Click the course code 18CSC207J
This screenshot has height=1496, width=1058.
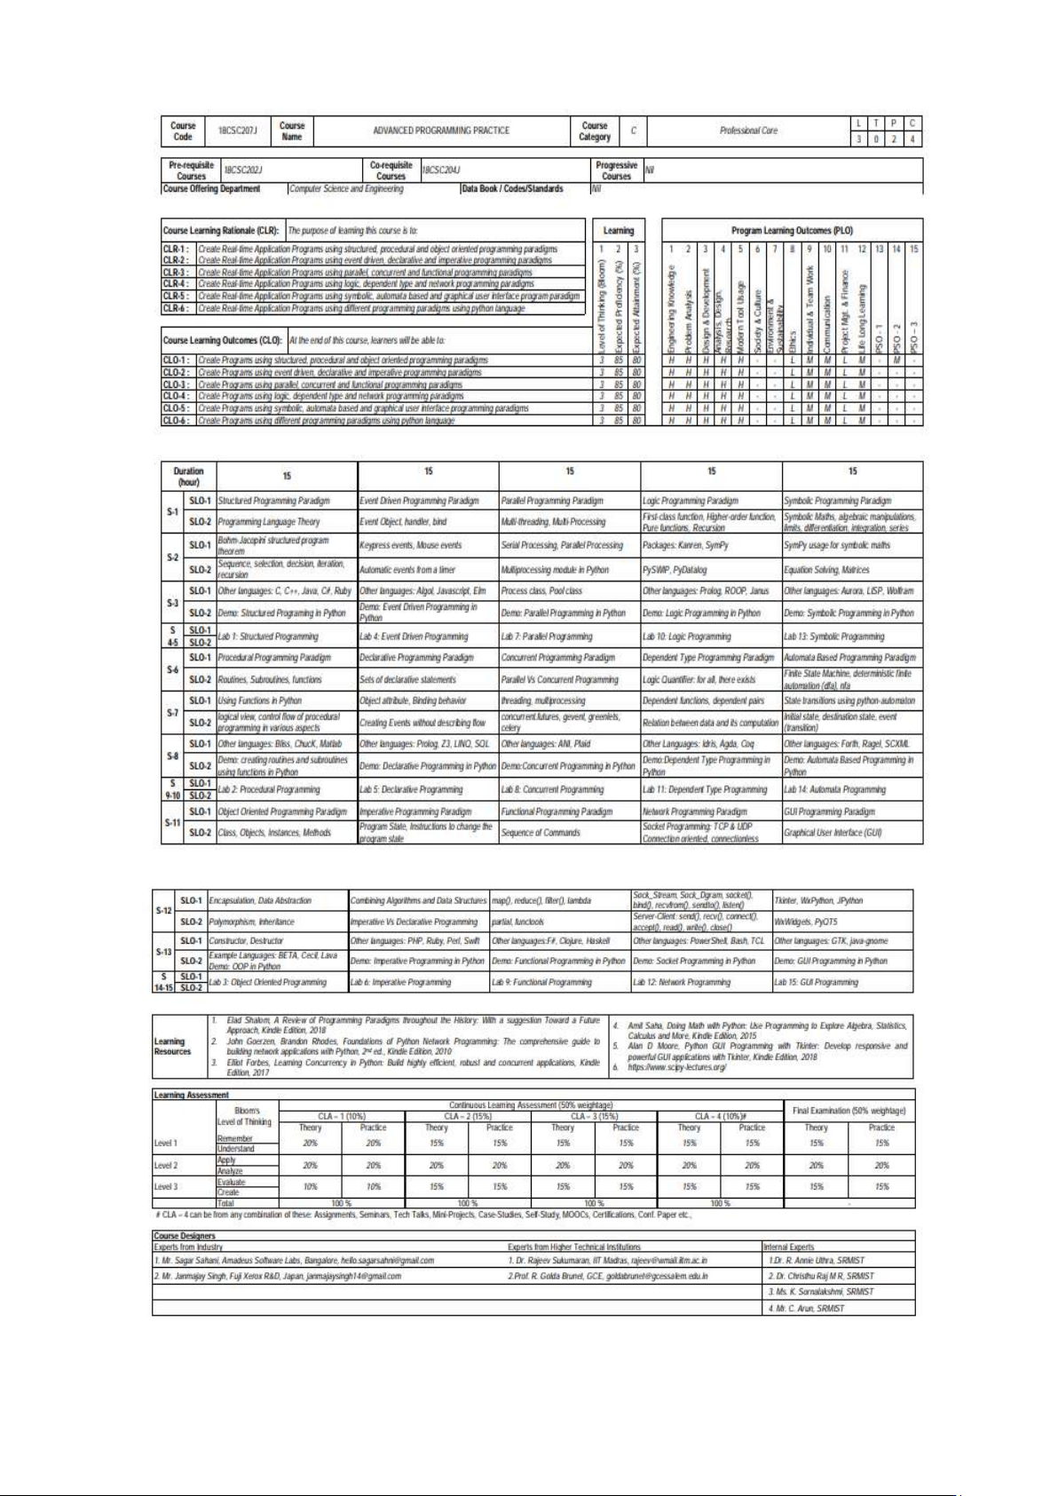238,131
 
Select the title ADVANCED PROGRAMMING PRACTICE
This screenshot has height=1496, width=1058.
441,131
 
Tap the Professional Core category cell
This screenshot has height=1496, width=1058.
748,131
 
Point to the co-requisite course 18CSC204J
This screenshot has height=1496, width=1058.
440,170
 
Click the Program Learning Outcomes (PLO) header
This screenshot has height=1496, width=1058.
792,231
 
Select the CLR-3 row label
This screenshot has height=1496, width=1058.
176,273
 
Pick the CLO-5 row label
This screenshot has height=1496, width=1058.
176,408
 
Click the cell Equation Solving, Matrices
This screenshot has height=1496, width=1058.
826,570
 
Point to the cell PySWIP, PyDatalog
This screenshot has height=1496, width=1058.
675,570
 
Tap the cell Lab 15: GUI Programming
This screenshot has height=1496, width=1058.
816,982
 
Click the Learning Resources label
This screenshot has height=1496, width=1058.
172,1047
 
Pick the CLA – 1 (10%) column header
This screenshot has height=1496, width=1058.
342,1116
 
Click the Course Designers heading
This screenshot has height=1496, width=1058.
185,1235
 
